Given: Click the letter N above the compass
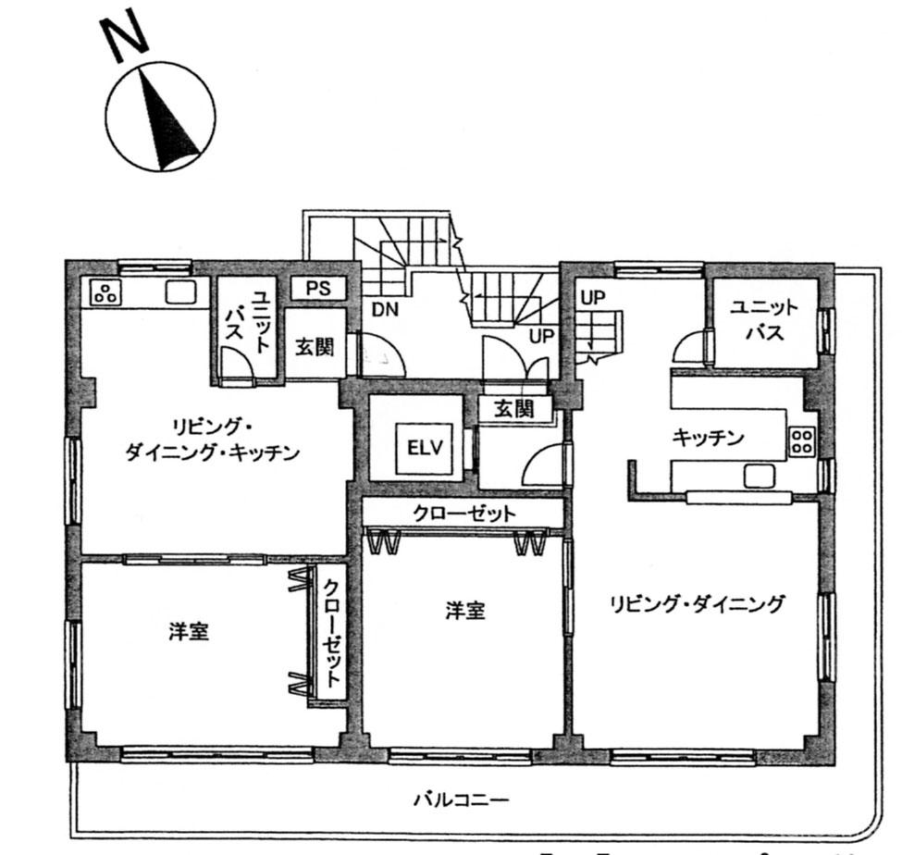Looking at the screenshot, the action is pos(124,37).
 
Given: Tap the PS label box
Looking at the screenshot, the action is pos(318,288).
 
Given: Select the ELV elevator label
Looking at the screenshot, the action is pos(426,448).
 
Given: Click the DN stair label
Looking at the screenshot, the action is pos(385,310).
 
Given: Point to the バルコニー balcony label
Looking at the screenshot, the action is pos(462,799).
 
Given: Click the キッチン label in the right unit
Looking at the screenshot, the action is pos(708,438).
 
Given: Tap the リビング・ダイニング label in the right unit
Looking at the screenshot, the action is pos(697,604).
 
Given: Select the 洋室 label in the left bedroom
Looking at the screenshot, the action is pos(189,632).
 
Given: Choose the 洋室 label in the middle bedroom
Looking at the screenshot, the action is pos(464,611).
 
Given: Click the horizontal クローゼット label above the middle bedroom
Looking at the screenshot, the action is pos(464,514).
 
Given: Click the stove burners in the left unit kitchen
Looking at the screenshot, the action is pos(105,292).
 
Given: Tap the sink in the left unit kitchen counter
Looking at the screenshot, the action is pos(181,292).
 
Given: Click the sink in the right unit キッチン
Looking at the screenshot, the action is pos(760,477).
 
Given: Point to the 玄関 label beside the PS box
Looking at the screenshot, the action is pos(315,347).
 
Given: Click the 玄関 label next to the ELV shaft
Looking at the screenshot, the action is pos(514,409).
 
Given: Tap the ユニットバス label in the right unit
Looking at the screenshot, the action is pos(764,320).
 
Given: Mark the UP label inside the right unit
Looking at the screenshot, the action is pos(593,297).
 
